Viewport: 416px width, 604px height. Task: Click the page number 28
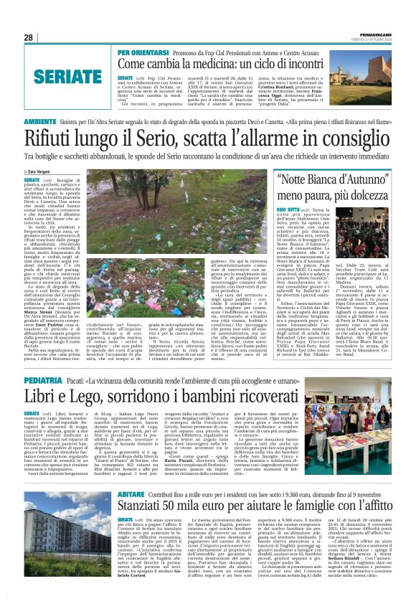(28, 37)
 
